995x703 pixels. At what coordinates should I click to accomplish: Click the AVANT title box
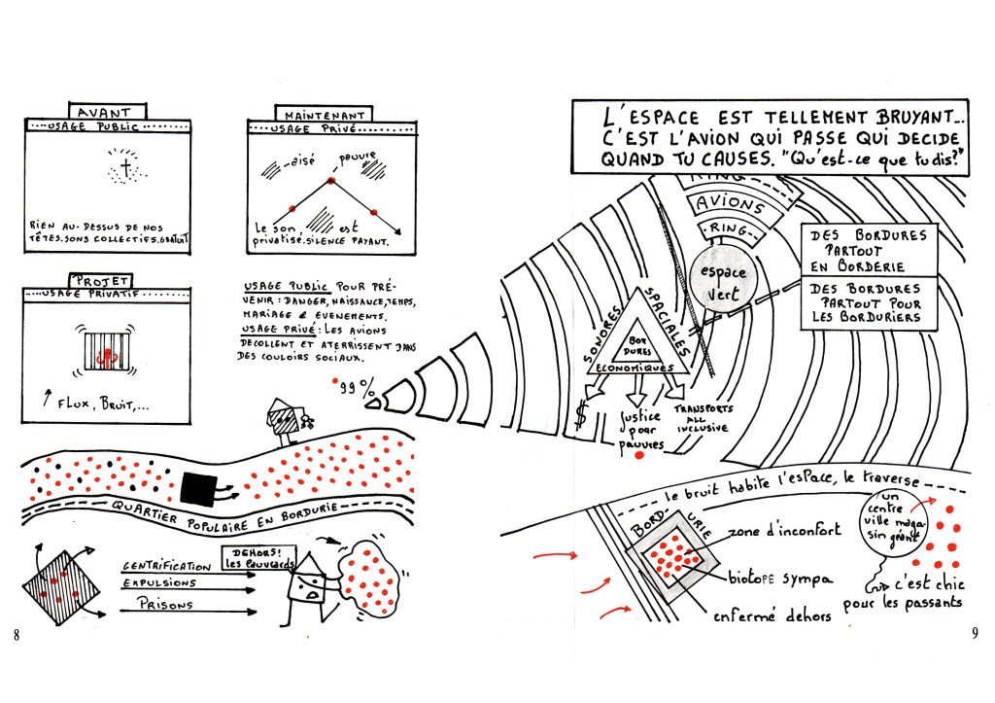click(107, 111)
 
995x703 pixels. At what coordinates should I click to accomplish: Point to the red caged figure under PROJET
click(108, 349)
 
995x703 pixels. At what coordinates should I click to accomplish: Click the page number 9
click(975, 635)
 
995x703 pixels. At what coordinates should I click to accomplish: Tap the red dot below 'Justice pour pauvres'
click(637, 455)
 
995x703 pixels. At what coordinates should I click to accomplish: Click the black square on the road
click(203, 486)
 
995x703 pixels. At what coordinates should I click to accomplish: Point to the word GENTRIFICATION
click(166, 564)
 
